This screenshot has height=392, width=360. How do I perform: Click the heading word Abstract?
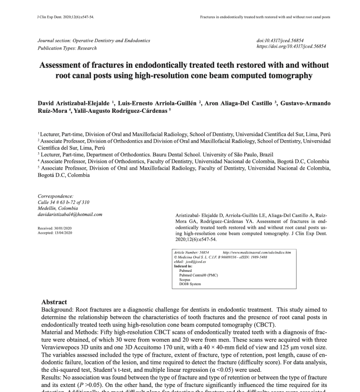pos(54,303)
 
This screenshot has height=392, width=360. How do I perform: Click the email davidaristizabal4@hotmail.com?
pos(70,214)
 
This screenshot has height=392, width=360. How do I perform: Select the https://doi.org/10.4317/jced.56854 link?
pos(291,47)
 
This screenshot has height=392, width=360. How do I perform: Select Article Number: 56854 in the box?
pos(191,253)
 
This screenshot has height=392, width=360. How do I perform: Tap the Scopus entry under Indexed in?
pos(185,279)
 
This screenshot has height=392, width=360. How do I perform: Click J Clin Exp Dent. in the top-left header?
pos(49,17)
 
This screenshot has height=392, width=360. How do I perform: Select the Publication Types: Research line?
pos(67,48)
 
